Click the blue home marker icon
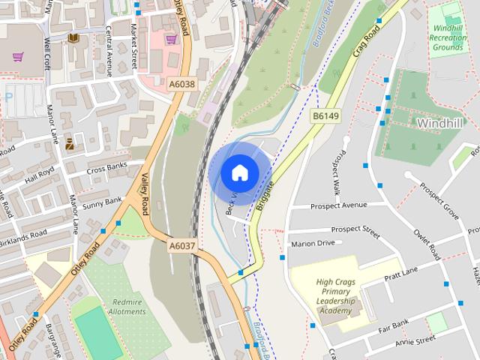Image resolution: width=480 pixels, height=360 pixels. point(239,172)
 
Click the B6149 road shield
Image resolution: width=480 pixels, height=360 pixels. point(326,116)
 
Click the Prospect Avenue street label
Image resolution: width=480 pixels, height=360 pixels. point(339,205)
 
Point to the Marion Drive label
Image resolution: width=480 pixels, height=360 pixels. point(313,243)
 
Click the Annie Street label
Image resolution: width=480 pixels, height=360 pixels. point(415,340)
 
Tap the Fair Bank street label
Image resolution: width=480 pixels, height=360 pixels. point(392,325)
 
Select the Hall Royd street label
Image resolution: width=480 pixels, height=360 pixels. point(40,178)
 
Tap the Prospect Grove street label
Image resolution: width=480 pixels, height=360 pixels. point(439,199)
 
